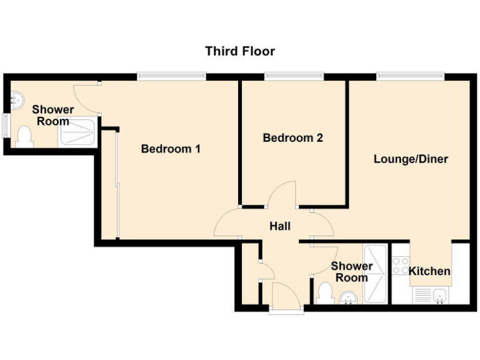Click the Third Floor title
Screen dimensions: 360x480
pyautogui.click(x=240, y=51)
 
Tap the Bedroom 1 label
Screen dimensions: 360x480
pyautogui.click(x=171, y=149)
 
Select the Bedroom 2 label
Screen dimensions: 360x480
pyautogui.click(x=292, y=137)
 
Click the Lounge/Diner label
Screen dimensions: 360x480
pyautogui.click(x=411, y=159)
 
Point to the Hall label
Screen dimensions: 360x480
pyautogui.click(x=280, y=226)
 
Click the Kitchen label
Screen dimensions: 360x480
pyautogui.click(x=429, y=271)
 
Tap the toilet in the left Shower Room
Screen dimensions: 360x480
pyautogui.click(x=24, y=137)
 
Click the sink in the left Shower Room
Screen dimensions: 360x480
pyautogui.click(x=17, y=98)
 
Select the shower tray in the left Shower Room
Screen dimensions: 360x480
pyautogui.click(x=77, y=132)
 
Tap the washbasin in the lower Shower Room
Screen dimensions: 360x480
pyautogui.click(x=348, y=298)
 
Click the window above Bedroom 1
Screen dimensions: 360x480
pyautogui.click(x=171, y=76)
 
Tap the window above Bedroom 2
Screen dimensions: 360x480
pyautogui.click(x=293, y=76)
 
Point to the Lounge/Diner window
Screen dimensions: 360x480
pyautogui.click(x=410, y=76)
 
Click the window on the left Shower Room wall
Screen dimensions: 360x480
pyautogui.click(x=5, y=125)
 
